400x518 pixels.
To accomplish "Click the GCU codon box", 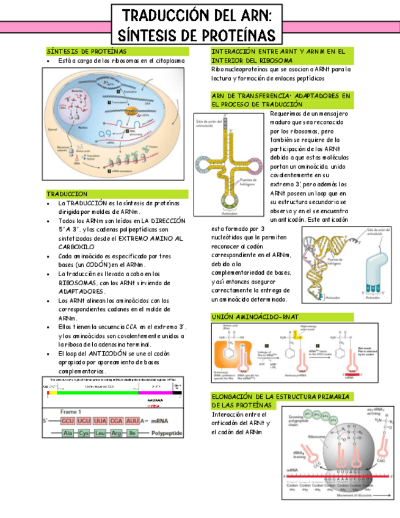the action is (x=68, y=421).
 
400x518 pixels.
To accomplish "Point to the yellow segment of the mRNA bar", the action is (x=53, y=393).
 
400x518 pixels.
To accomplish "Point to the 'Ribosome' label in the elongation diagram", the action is (x=316, y=437).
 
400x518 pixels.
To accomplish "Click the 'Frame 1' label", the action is (x=71, y=412).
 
